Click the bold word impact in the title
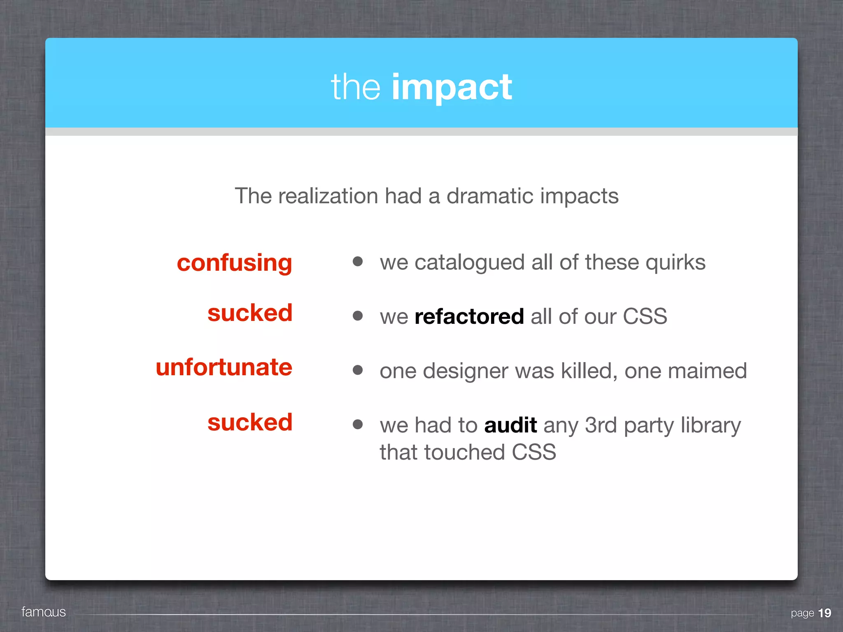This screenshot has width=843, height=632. pyautogui.click(x=452, y=87)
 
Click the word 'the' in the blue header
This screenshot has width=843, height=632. pyautogui.click(x=356, y=87)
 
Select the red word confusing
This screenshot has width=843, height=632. pyautogui.click(x=234, y=263)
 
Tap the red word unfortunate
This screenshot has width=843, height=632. pyautogui.click(x=224, y=367)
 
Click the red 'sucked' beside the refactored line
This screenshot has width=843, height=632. pyautogui.click(x=250, y=313)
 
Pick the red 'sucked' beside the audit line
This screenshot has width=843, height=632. pyautogui.click(x=250, y=422)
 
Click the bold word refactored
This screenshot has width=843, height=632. pyautogui.click(x=469, y=316)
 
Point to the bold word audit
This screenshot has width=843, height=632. pyautogui.click(x=510, y=425)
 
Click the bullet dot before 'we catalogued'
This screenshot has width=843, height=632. pyautogui.click(x=358, y=261)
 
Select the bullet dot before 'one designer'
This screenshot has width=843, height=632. pyautogui.click(x=358, y=370)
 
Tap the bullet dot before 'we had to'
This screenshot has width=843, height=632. pyautogui.click(x=358, y=424)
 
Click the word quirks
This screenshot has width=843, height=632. pyautogui.click(x=675, y=263)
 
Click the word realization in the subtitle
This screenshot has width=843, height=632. pyautogui.click(x=328, y=196)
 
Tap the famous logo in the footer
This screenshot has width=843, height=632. pyautogui.click(x=44, y=612)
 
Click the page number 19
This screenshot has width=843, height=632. pyautogui.click(x=824, y=613)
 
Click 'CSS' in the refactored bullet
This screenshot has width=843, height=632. pyautogui.click(x=645, y=316)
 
